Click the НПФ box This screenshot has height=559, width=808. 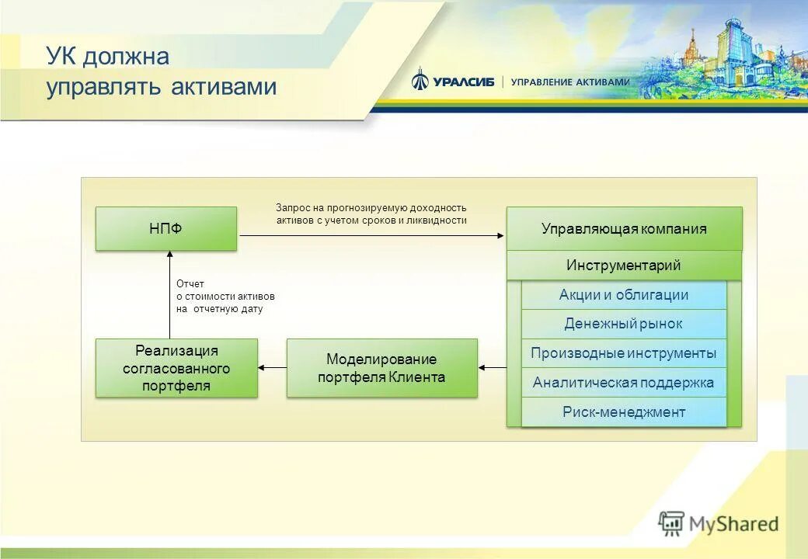(x=165, y=228)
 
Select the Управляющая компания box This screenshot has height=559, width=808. (x=624, y=228)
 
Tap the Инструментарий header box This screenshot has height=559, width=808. (x=624, y=266)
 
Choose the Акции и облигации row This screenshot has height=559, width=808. (x=624, y=295)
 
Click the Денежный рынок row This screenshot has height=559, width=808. (x=624, y=324)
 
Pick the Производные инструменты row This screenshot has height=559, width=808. (x=624, y=353)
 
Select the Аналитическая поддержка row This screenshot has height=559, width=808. (x=624, y=382)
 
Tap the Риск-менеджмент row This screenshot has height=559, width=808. (x=624, y=411)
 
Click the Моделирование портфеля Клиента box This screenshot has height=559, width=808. (x=381, y=368)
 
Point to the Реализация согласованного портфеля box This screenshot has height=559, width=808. (x=176, y=368)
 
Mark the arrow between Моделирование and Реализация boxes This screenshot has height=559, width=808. (x=272, y=368)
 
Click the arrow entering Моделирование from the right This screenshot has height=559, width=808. (x=492, y=368)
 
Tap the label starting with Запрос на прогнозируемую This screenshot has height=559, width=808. (x=371, y=214)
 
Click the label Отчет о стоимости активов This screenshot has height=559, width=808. (x=225, y=297)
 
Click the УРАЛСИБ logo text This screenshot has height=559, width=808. (x=464, y=82)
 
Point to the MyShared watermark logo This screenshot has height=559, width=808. (x=719, y=523)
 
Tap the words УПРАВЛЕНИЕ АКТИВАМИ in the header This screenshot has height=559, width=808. (x=569, y=82)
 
